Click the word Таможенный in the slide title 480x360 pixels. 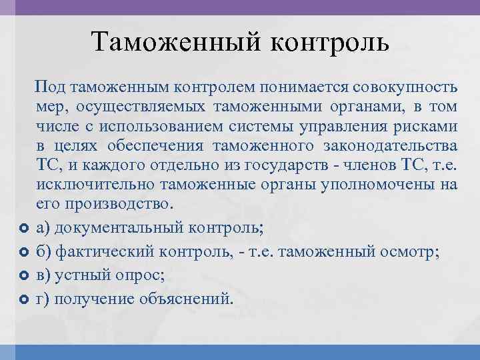coord(175,43)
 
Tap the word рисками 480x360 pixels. coord(426,126)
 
